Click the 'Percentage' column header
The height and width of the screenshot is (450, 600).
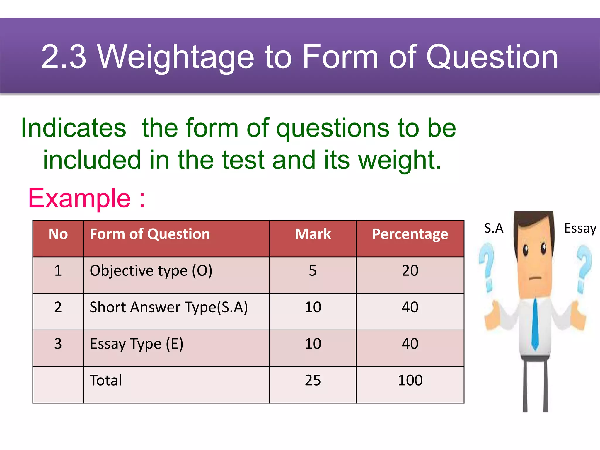pyautogui.click(x=410, y=234)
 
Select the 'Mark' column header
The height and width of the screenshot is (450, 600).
pyautogui.click(x=313, y=234)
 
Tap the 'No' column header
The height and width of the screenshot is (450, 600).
pyautogui.click(x=58, y=234)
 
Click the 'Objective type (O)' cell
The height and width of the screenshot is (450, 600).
pyautogui.click(x=151, y=271)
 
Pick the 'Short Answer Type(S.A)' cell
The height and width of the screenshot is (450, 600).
pyautogui.click(x=168, y=307)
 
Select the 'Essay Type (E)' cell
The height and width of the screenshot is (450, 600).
pyautogui.click(x=137, y=344)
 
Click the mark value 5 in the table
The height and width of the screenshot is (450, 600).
pyautogui.click(x=313, y=271)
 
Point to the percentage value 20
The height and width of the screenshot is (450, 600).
pyautogui.click(x=410, y=271)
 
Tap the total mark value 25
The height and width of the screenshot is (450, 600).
pyautogui.click(x=313, y=380)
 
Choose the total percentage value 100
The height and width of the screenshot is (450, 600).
pyautogui.click(x=410, y=380)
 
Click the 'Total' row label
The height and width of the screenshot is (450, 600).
pyautogui.click(x=106, y=380)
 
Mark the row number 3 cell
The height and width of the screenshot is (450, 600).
pyautogui.click(x=58, y=344)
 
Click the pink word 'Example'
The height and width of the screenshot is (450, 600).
pyautogui.click(x=79, y=199)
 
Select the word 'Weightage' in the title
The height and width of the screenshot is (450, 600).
pyautogui.click(x=176, y=57)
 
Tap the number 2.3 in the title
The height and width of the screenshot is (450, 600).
pyautogui.click(x=64, y=57)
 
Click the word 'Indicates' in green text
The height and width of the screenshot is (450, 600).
pyautogui.click(x=74, y=128)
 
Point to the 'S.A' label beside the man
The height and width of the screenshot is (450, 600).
pyautogui.click(x=494, y=228)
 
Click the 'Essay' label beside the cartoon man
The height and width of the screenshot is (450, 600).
pyautogui.click(x=580, y=228)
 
